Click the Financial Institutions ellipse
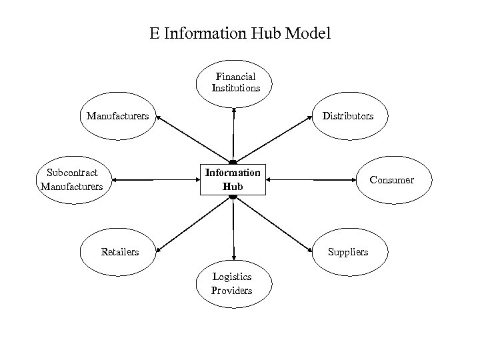(235, 83)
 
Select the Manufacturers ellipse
(117, 116)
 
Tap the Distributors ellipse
(348, 116)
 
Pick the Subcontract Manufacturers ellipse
(71, 180)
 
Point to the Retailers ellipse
(120, 252)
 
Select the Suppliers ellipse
(347, 252)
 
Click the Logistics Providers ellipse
(232, 285)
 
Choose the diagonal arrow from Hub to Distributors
(273, 139)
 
